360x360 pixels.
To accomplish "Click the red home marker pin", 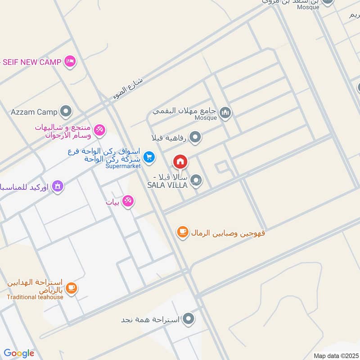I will (180, 161).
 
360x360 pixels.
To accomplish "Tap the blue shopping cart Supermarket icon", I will (149, 157).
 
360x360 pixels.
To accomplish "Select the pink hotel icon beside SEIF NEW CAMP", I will (70, 61).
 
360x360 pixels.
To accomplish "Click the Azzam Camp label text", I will (34, 111).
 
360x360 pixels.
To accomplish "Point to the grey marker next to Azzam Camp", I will (66, 111).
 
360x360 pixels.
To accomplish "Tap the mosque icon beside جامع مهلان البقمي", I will (225, 112).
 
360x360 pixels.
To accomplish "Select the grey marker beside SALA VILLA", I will (196, 181).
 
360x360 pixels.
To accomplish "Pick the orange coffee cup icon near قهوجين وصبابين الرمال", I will (182, 232).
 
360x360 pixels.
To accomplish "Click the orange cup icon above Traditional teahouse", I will (71, 287).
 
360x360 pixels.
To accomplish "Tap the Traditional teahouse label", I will (35, 297).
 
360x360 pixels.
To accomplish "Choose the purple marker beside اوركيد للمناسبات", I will (58, 185).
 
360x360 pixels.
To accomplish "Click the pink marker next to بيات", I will (128, 202).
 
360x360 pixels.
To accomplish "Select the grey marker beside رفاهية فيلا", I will (195, 137).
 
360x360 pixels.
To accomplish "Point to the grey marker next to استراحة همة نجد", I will (189, 319).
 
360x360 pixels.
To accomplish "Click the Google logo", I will (19, 353).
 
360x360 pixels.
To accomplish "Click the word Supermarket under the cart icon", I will (123, 166).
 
